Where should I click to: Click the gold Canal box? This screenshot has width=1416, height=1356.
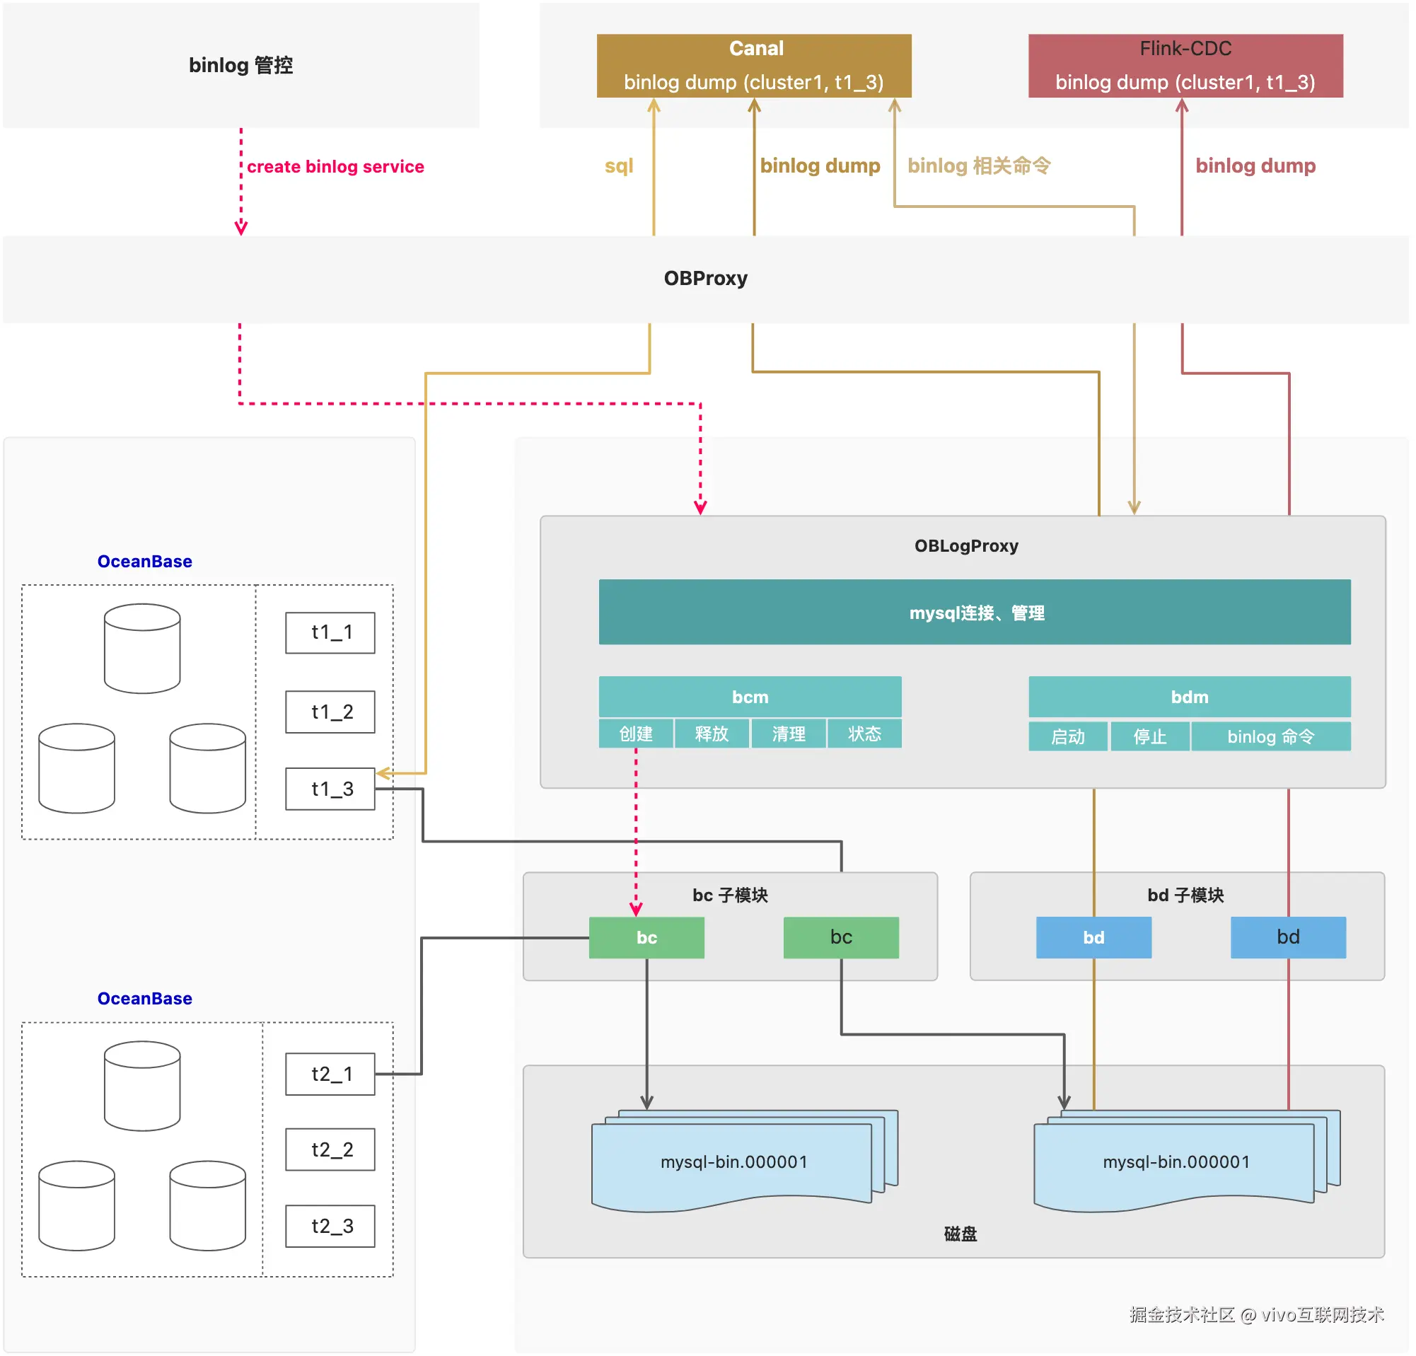click(753, 65)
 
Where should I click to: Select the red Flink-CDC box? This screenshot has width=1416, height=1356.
click(1185, 65)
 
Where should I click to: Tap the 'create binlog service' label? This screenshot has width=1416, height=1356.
click(335, 167)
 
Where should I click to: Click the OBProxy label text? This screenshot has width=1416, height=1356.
click(705, 278)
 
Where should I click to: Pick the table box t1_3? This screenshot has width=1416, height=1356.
click(330, 788)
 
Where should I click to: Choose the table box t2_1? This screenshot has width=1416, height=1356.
click(330, 1074)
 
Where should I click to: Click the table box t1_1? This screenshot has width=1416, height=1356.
click(330, 632)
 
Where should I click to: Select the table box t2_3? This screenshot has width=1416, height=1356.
click(330, 1225)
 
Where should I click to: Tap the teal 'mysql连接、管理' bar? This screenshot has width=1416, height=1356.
click(974, 612)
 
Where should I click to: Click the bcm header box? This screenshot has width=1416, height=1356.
click(750, 697)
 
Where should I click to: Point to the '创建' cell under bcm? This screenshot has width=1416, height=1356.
click(636, 734)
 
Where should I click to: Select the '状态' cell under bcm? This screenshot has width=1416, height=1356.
click(864, 734)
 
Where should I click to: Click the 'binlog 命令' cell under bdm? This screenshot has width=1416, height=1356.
click(1270, 736)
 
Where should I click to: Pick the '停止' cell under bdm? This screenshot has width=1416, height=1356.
click(1149, 736)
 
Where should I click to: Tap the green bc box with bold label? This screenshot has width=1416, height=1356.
click(646, 937)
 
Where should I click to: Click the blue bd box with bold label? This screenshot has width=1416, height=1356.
click(1093, 937)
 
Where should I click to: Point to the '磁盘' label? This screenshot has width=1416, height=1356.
click(960, 1233)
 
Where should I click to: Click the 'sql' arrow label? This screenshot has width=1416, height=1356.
click(618, 166)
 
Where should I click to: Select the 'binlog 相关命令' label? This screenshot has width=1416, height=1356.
click(978, 166)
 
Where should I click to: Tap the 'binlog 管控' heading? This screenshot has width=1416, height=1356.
click(240, 65)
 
